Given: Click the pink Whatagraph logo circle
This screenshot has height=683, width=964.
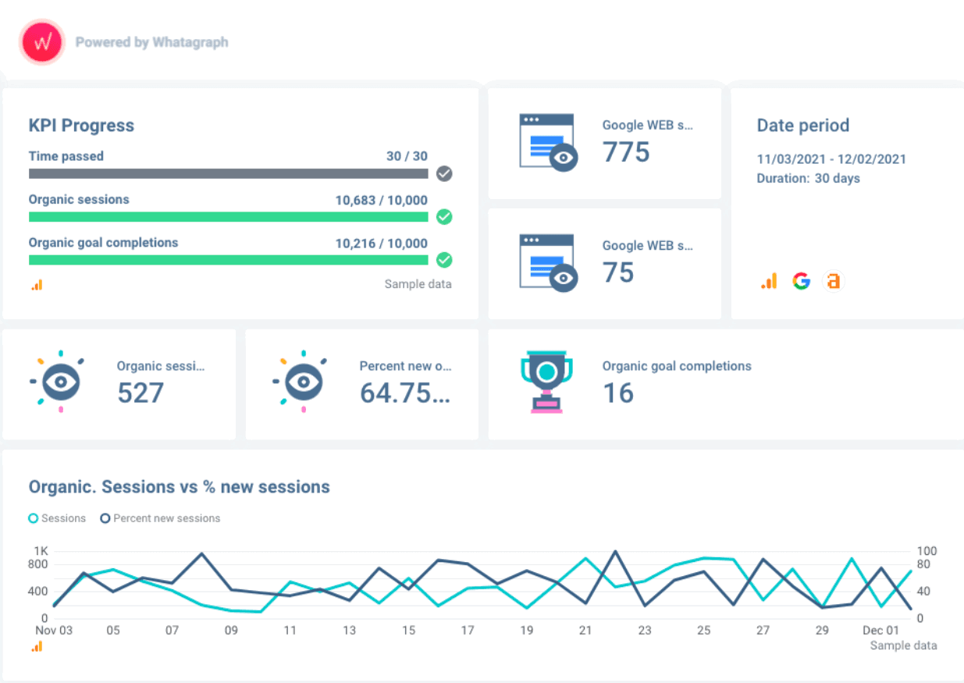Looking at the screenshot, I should pos(42,42).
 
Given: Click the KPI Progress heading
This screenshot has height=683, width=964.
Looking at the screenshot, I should pos(81,126).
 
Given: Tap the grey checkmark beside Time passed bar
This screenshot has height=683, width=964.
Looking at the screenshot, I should pos(444,173).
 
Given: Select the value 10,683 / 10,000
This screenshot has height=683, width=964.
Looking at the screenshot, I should pos(381,200).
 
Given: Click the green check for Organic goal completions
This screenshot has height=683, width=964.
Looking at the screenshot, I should pos(444,260).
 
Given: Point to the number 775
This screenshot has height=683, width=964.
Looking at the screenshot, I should pos(626,152).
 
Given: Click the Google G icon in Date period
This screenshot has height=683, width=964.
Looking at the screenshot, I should pos(801,281).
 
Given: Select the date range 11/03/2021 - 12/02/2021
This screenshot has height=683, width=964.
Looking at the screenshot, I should pos(831,159).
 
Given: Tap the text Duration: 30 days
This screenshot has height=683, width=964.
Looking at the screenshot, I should pos(808,179).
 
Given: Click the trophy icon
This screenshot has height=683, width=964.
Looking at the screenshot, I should pos(546,382).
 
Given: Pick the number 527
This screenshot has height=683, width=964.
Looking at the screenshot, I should pos(141,393).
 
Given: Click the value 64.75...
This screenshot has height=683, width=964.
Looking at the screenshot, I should pos(404,393).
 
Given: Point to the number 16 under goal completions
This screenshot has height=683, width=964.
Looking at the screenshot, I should pos(617,393).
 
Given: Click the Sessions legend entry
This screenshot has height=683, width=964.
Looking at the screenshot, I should pos(57,518).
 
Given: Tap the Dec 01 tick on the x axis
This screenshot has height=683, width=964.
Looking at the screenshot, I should pos(881,630).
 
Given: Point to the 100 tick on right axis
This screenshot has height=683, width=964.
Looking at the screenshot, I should pos(927,551).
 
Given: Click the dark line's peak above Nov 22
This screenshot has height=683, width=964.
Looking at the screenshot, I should pos(615,551).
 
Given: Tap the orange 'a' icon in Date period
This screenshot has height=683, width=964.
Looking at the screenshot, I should pos(834,281).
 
